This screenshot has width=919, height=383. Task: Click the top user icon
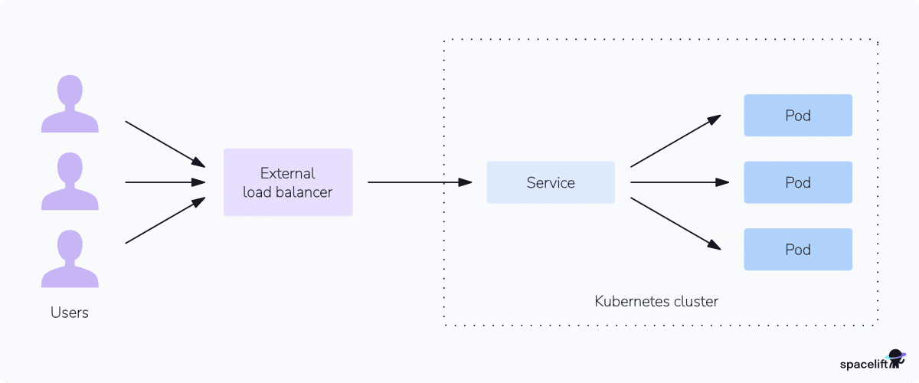point(70,105)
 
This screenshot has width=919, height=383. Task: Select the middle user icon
point(70,182)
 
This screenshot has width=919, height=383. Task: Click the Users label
point(70,313)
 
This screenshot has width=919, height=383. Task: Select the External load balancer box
point(288,182)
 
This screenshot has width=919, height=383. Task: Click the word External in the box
point(288,173)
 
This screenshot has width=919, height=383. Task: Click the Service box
point(551,182)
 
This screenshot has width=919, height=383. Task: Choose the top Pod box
point(798,116)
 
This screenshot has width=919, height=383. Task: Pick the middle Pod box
point(798,182)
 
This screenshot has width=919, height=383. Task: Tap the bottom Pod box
point(798,250)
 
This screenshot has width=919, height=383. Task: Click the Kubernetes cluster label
point(656,301)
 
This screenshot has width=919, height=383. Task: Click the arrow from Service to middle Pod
point(679,182)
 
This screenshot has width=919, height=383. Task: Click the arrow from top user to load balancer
point(165,144)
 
